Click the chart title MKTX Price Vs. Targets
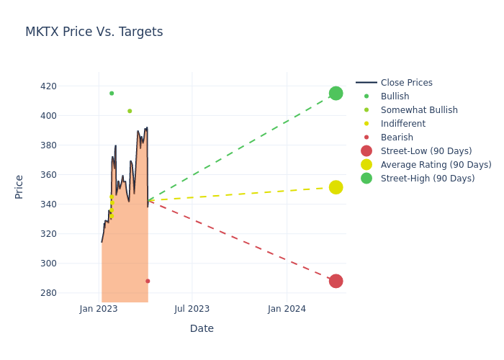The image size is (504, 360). [x=94, y=32]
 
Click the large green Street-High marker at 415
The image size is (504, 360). [x=336, y=94]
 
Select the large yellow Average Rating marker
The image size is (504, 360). [x=336, y=187]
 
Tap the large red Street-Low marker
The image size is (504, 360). [x=336, y=281]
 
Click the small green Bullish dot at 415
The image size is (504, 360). [x=112, y=94]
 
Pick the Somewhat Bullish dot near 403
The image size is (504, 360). [x=130, y=111]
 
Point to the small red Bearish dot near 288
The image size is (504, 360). [x=148, y=281]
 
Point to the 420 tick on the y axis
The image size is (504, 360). [x=68, y=86]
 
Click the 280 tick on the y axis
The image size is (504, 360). [x=68, y=293]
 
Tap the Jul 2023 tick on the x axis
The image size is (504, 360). [x=192, y=309]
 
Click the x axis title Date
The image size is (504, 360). [x=202, y=329]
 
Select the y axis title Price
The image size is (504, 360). [x=19, y=187]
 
